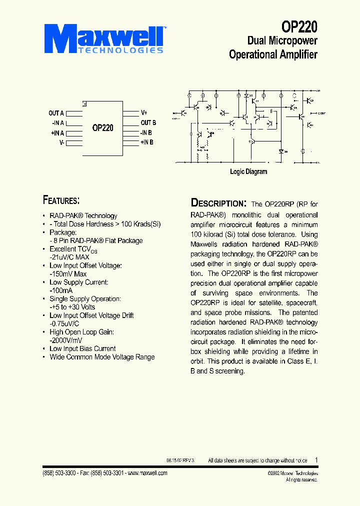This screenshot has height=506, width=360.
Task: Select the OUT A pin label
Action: coord(56,113)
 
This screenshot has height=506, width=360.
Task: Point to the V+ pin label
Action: coord(144,113)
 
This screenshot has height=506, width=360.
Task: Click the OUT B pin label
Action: coord(148,123)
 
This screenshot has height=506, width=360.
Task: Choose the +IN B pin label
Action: coord(146,142)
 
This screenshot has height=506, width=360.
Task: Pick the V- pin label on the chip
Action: coord(61,143)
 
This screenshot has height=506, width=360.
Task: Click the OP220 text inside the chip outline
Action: coord(102,128)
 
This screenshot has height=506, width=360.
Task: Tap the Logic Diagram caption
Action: coord(248,172)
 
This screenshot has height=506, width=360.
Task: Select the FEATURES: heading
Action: coord(61,200)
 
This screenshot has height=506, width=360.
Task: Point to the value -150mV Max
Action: coord(68,274)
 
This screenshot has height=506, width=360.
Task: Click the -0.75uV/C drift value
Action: coord(67,323)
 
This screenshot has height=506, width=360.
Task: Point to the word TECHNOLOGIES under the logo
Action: coord(120,50)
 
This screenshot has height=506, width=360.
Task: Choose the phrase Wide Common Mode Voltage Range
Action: coord(102,357)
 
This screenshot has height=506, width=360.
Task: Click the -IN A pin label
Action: coord(57,123)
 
